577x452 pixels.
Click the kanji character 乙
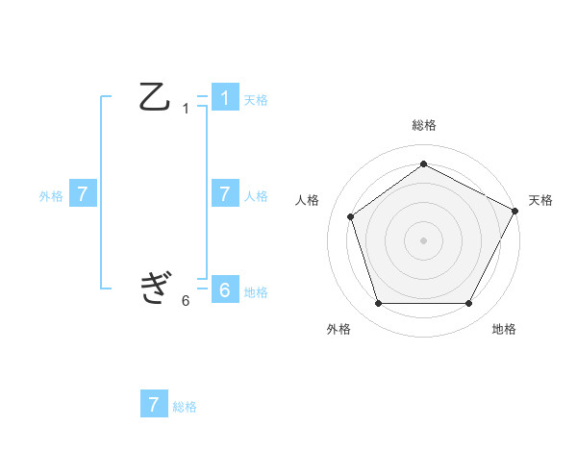155,97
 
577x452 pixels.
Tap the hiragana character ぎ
155,288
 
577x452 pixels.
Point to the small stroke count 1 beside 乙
186,109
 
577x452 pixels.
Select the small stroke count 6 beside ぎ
186,300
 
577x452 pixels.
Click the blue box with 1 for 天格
224,97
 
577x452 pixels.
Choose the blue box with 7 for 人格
224,193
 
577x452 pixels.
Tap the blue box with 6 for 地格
224,289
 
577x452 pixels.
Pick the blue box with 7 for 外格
83,193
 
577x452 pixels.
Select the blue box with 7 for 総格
154,404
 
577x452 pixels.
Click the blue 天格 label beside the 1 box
256,99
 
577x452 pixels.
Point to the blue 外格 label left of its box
51,195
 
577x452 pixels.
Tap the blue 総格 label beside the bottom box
185,406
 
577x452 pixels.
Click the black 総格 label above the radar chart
423,125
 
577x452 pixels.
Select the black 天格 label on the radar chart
540,200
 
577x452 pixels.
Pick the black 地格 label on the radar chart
504,329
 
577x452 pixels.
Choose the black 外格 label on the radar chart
339,329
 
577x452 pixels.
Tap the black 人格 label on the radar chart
307,200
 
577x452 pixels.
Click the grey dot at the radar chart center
423,239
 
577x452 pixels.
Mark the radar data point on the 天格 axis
516,210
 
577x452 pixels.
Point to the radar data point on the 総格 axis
423,163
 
